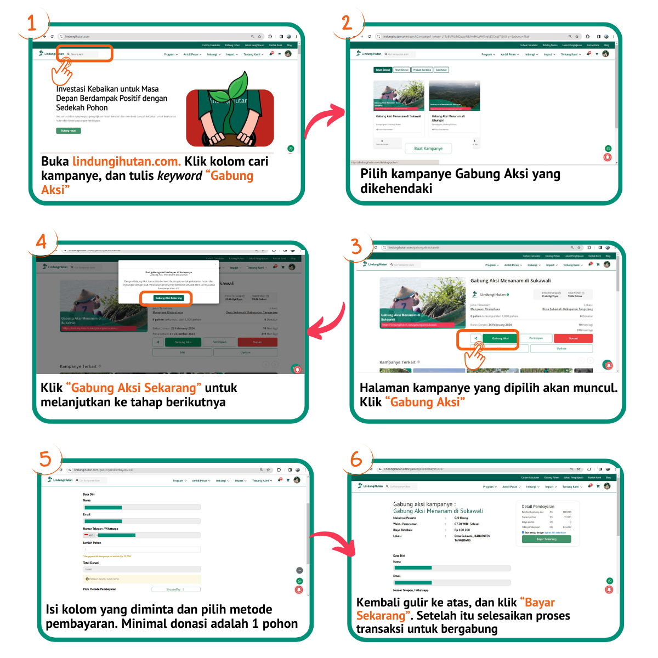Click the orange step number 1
click(32, 23)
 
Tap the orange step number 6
click(356, 459)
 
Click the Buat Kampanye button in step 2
click(428, 149)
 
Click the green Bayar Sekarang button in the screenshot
click(546, 539)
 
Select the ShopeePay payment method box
click(175, 589)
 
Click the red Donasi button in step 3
click(573, 338)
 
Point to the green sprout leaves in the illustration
click(238, 87)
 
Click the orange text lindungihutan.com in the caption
click(127, 162)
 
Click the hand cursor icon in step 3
click(475, 356)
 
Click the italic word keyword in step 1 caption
click(179, 176)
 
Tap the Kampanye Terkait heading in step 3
click(398, 362)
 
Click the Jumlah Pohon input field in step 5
click(141, 549)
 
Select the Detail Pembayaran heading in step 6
click(537, 507)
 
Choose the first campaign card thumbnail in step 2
click(399, 95)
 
